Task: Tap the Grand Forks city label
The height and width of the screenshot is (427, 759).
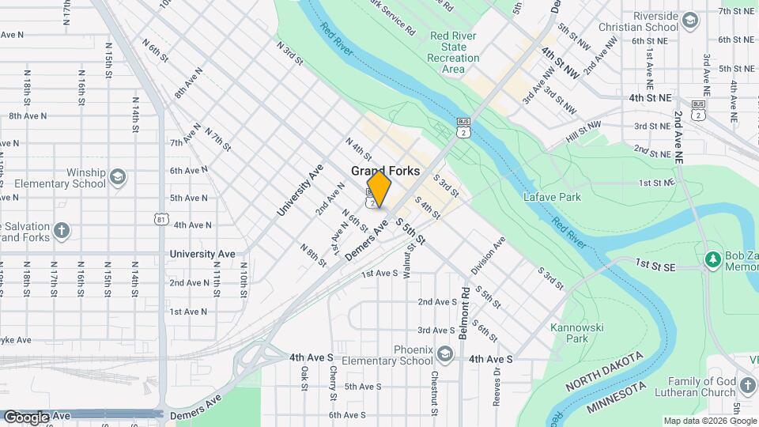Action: pos(385,171)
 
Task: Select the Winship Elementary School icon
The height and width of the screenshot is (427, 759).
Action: pos(119,175)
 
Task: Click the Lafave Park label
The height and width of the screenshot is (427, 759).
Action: pos(552,197)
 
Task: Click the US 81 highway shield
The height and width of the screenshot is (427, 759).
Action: pos(161,219)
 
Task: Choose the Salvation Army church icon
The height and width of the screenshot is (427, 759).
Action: pos(62,232)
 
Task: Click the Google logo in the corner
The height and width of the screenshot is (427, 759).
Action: pos(26,417)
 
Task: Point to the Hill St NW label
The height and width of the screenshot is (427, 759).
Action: pos(583,129)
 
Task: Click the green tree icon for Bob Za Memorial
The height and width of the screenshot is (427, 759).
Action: pos(713,259)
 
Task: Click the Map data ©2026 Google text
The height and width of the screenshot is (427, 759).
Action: pos(709,421)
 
